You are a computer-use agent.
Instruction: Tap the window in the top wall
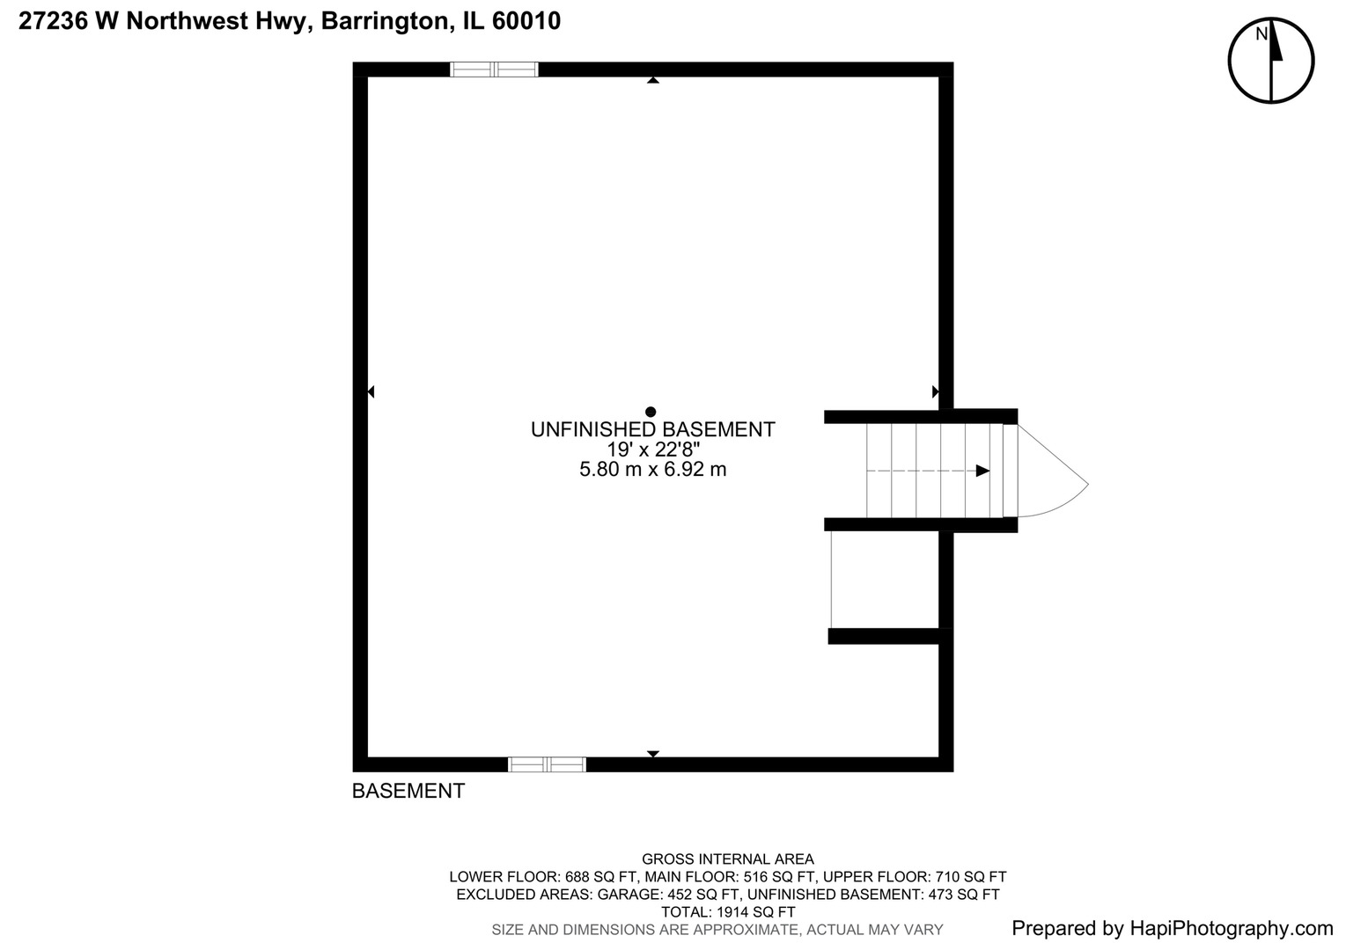point(494,69)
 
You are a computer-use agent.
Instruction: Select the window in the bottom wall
point(547,764)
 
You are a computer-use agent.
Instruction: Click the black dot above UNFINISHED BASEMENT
point(651,412)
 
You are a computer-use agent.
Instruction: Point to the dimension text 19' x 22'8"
point(652,449)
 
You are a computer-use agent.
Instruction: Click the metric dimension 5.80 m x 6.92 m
point(652,470)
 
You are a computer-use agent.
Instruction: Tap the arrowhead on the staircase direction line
point(982,471)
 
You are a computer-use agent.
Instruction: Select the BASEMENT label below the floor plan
point(408,791)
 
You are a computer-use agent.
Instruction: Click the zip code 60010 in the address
point(526,21)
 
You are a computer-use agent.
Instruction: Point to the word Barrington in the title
point(384,21)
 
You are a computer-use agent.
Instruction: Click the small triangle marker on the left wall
point(371,391)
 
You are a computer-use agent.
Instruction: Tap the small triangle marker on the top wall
point(652,80)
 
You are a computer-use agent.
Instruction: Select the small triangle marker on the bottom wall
point(652,754)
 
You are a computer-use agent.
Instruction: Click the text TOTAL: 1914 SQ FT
point(727,912)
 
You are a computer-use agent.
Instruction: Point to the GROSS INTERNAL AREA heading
point(727,859)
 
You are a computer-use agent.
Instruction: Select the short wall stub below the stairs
point(885,636)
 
